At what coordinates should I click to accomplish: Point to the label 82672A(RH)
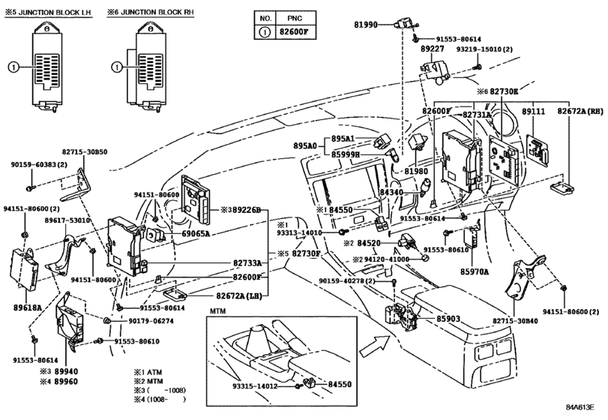pyautogui.click(x=579, y=111)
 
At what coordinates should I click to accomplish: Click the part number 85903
pyautogui.click(x=449, y=319)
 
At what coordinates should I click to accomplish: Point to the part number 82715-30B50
pyautogui.click(x=85, y=151)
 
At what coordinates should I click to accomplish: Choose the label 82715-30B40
pyautogui.click(x=517, y=320)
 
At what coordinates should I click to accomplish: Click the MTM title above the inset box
pyautogui.click(x=217, y=310)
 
